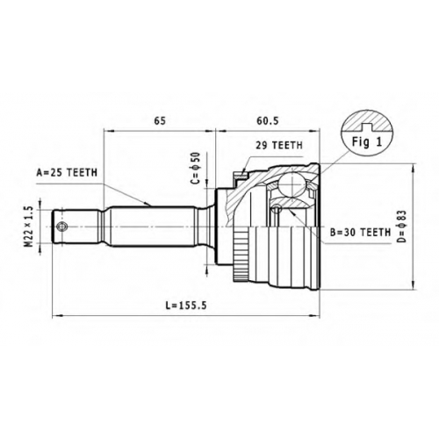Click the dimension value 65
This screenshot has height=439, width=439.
[x=160, y=120]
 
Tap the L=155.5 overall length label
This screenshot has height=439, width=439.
[x=186, y=306]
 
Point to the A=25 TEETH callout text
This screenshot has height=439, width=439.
[x=67, y=173]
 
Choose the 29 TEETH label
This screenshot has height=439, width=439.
[x=279, y=145]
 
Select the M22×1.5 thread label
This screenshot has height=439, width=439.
[x=28, y=227]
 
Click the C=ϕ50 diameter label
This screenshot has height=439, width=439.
[x=195, y=168]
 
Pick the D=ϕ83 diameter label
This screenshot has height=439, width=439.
[x=402, y=227]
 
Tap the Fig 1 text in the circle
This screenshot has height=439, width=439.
[x=367, y=142]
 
